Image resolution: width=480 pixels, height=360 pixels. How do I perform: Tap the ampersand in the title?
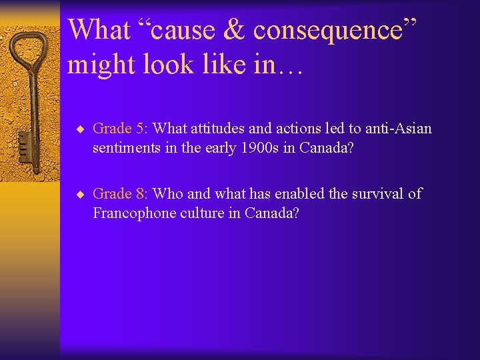tap(237, 30)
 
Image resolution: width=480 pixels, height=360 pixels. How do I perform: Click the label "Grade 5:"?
tap(121, 128)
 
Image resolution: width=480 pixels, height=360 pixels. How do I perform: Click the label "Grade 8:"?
tap(121, 194)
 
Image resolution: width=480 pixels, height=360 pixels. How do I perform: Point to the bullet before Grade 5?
tap(79, 129)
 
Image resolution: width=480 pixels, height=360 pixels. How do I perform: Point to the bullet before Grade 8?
tap(79, 195)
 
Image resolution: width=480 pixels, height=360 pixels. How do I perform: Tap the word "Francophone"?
tap(130, 213)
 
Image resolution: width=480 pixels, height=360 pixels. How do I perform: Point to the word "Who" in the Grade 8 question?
tap(167, 194)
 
